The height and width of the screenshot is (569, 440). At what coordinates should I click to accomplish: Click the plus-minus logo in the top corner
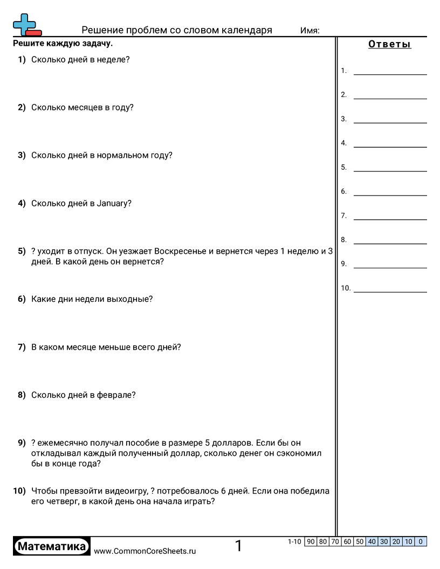(26, 25)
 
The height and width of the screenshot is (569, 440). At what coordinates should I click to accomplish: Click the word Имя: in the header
(310, 31)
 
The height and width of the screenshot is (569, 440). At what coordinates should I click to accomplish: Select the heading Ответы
(389, 45)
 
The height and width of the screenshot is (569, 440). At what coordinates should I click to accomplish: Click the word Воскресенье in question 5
(180, 251)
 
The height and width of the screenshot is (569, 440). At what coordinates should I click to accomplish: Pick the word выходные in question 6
(130, 299)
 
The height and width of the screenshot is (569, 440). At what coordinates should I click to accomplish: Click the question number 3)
(22, 155)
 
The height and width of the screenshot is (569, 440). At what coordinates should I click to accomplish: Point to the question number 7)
(22, 347)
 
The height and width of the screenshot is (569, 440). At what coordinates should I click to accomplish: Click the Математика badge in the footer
(52, 546)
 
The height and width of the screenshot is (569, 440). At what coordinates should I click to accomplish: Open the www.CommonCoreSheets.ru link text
(145, 551)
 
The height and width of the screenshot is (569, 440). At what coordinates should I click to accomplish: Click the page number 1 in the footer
(238, 546)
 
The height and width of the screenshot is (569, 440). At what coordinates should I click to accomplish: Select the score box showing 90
(311, 542)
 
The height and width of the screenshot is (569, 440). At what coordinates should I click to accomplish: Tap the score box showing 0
(421, 542)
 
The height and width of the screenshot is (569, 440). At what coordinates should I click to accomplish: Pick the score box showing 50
(360, 542)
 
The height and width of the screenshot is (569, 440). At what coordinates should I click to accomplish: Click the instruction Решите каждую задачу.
(63, 44)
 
